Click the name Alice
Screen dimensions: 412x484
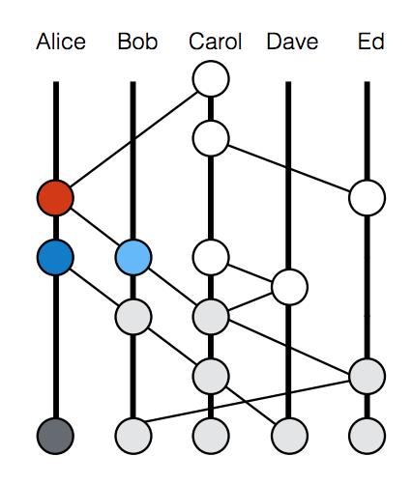[61, 42]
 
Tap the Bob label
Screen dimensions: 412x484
[137, 42]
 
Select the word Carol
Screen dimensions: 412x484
[216, 42]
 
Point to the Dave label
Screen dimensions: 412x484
[292, 42]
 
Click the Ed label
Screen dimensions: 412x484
[371, 42]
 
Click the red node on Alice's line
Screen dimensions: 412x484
[55, 198]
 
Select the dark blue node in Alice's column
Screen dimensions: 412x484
[55, 257]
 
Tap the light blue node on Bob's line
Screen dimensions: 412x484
[133, 257]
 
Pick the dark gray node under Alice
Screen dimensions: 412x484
[55, 436]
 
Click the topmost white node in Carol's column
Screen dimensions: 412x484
[211, 78]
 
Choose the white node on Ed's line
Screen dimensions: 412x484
[367, 198]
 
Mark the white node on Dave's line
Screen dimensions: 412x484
[289, 287]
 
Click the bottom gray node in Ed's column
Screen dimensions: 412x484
[367, 436]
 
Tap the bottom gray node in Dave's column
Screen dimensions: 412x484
[289, 436]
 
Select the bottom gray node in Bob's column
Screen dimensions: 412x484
[133, 436]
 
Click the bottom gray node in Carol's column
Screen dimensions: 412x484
[211, 436]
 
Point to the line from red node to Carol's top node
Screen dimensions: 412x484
[133, 139]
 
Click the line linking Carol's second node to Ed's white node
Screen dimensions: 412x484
[289, 168]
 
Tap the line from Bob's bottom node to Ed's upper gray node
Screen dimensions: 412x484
[248, 401]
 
